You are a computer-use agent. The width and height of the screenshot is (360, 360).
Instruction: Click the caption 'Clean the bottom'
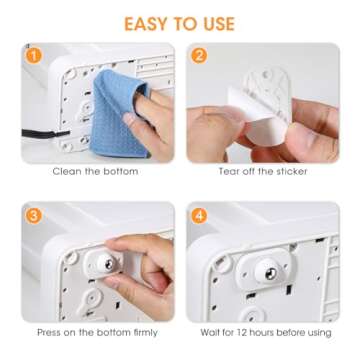97,172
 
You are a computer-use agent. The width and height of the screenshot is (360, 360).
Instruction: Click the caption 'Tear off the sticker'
263,172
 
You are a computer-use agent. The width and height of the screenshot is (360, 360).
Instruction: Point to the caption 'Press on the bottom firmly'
97,331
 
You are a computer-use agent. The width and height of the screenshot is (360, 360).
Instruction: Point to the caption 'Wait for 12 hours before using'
263,331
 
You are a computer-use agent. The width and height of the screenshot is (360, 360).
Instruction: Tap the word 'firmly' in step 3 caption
145,331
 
